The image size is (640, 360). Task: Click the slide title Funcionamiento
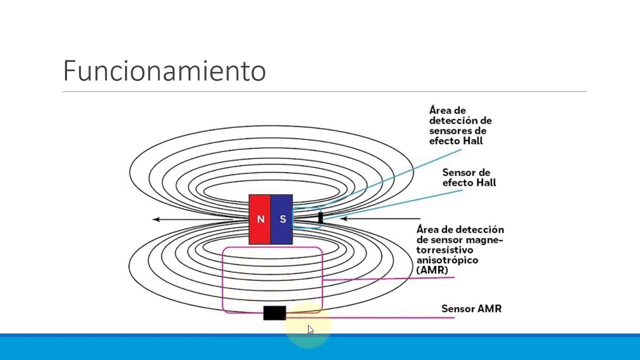[x=164, y=70]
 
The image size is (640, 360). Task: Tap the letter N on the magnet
[x=260, y=219]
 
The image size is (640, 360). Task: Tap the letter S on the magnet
[x=283, y=219]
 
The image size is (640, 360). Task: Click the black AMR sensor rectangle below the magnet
[x=274, y=313]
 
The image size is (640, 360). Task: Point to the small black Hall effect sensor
[x=320, y=218]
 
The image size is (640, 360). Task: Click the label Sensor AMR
[x=471, y=309]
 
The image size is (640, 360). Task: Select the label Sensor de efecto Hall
[x=469, y=177]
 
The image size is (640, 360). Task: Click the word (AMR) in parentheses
[x=432, y=270]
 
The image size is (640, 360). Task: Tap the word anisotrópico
[x=447, y=260]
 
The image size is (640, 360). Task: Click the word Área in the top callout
[x=439, y=110]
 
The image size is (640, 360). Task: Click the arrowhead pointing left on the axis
[x=156, y=219]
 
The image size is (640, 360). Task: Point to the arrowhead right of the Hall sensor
[x=343, y=218]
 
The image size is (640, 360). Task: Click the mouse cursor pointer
[x=310, y=329]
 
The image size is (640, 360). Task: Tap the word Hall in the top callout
[x=472, y=141]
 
